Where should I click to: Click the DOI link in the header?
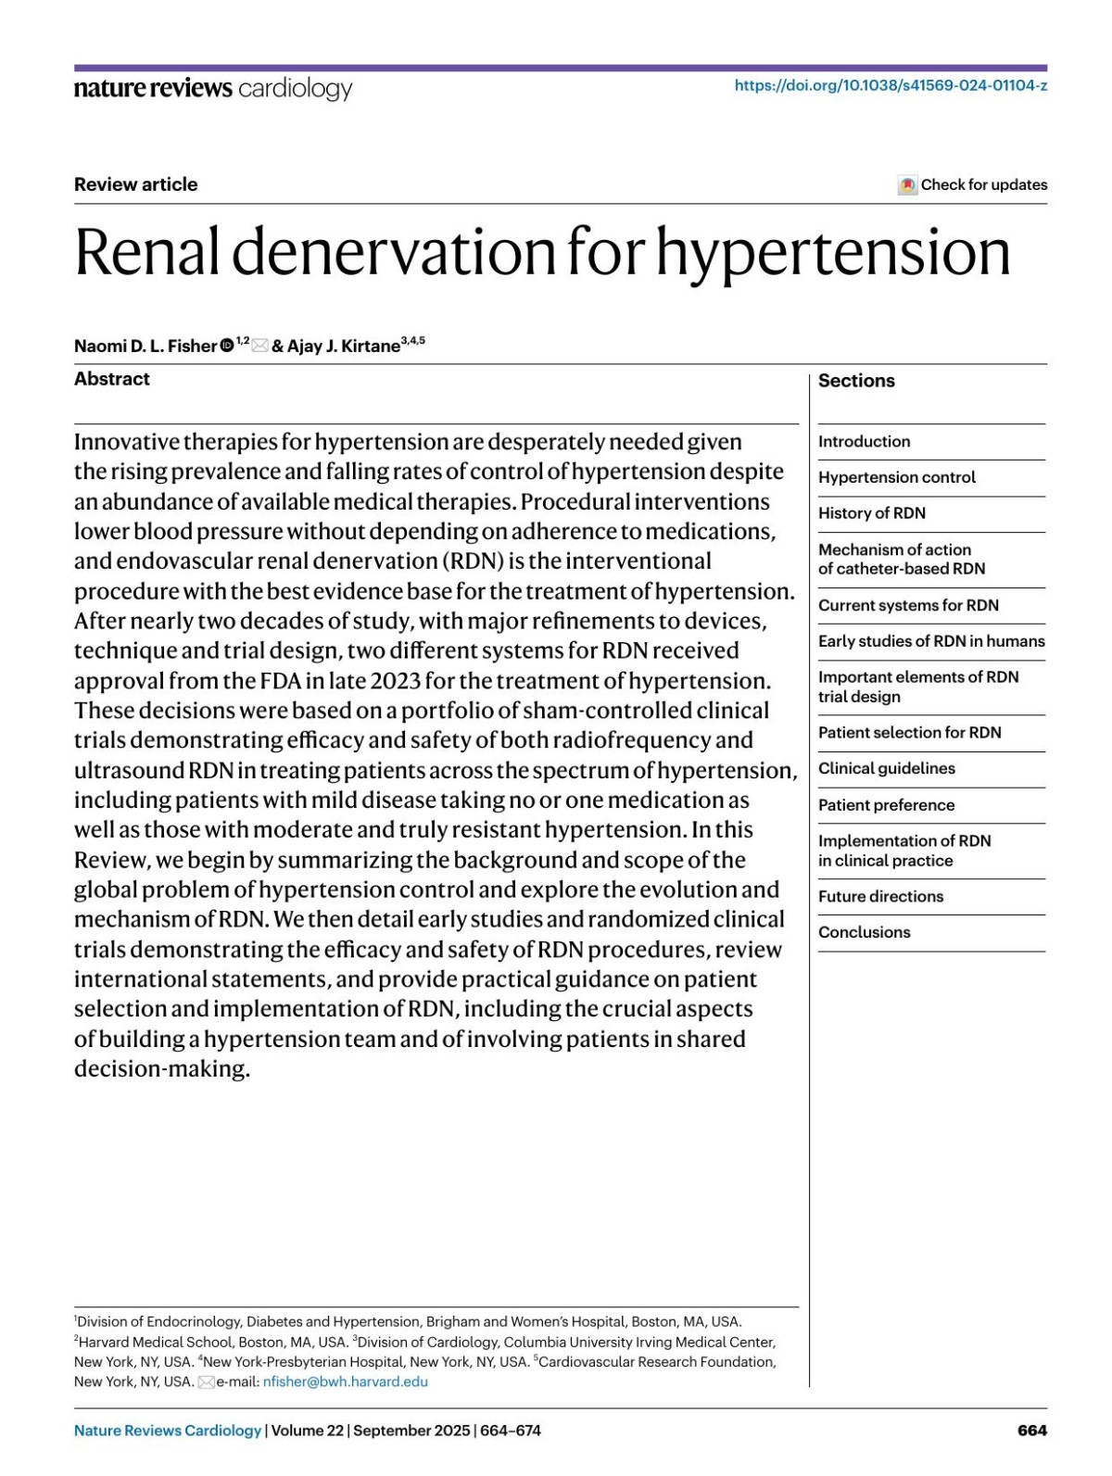tap(891, 85)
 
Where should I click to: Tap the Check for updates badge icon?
tap(908, 185)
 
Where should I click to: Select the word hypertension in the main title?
tap(833, 252)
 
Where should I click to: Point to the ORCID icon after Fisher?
tap(227, 347)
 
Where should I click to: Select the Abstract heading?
tap(112, 379)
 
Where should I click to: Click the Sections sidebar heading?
tap(856, 381)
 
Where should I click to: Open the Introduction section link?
tap(864, 442)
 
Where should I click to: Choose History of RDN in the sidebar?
tap(871, 513)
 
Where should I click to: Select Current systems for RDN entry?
tap(908, 605)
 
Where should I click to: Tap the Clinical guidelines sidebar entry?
tap(886, 768)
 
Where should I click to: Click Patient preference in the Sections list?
tap(886, 805)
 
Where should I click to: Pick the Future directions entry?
tap(880, 896)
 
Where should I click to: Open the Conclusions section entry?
tap(864, 932)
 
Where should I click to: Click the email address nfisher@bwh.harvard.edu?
tap(346, 1381)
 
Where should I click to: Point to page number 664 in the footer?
tap(1032, 1431)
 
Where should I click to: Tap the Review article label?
tap(136, 184)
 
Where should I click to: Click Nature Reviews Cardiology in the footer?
tap(168, 1431)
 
